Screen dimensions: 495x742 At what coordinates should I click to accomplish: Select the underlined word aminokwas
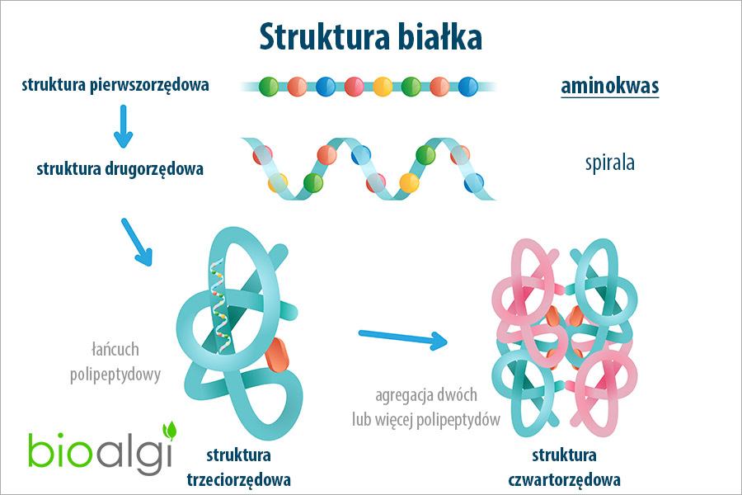coord(609,87)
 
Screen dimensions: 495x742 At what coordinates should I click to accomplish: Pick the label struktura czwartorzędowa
coord(565,466)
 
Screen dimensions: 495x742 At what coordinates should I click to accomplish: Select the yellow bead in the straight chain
coord(383,86)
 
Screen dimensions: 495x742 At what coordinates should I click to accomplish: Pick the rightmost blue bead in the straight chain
coord(468,86)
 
